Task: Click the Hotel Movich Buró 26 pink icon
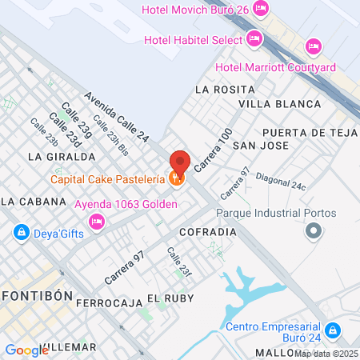click(x=260, y=9)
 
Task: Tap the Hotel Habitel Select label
click(x=192, y=39)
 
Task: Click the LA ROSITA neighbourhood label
click(x=218, y=89)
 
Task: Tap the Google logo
click(x=26, y=350)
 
